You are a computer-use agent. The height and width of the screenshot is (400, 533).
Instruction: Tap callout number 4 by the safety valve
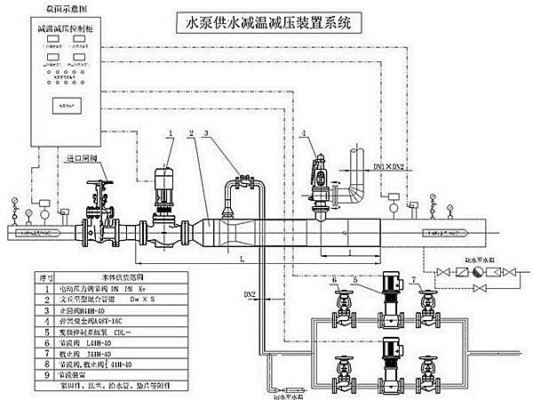304,134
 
